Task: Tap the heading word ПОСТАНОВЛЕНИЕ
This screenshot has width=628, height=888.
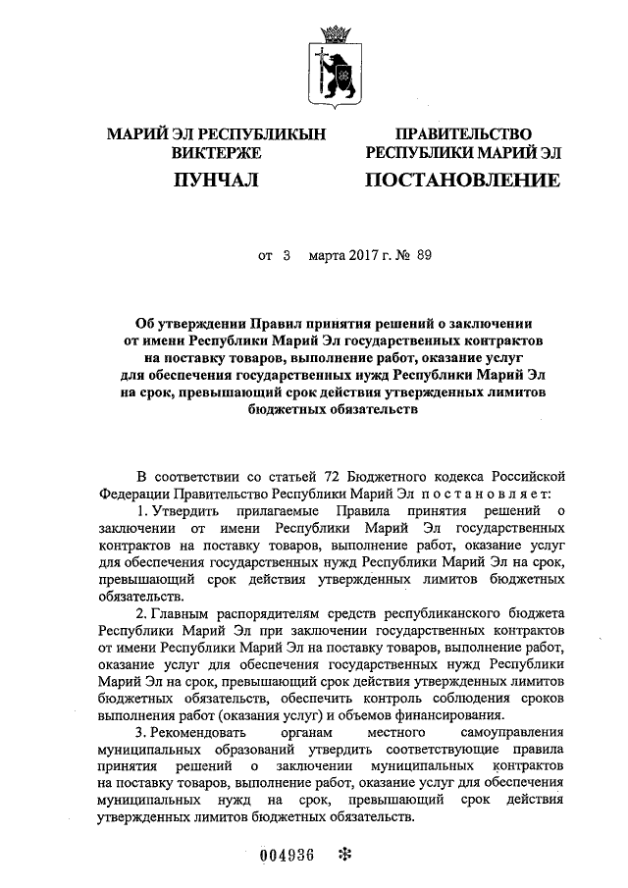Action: (462, 180)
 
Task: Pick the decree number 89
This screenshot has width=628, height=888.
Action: (423, 255)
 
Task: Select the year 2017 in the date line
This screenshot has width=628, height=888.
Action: (355, 255)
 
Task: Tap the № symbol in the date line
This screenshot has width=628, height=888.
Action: (400, 255)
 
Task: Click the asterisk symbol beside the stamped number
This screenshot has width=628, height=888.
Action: (343, 854)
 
